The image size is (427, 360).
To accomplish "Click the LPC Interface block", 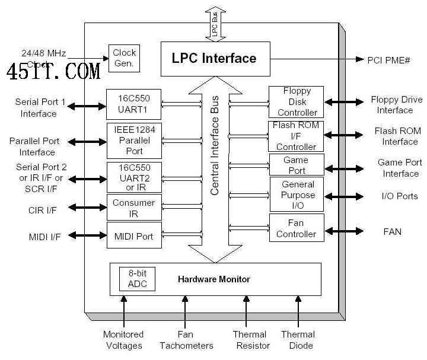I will pyautogui.click(x=214, y=58).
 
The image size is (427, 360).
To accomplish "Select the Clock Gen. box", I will pyautogui.click(x=124, y=58).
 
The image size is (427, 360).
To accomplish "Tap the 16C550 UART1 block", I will pyautogui.click(x=133, y=104).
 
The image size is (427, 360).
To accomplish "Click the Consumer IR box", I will pyautogui.click(x=133, y=208).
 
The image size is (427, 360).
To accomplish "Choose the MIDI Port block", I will pyautogui.click(x=133, y=237).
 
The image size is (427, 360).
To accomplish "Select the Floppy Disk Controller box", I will pyautogui.click(x=296, y=102).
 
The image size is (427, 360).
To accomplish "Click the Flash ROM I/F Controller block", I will pyautogui.click(x=296, y=136).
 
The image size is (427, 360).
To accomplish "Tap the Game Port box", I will pyautogui.click(x=296, y=165).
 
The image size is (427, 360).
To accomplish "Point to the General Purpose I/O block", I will pyautogui.click(x=297, y=194).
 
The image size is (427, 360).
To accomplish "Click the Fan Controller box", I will pyautogui.click(x=297, y=228).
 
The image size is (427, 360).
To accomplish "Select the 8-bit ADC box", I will pyautogui.click(x=138, y=279).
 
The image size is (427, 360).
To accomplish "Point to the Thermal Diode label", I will pyautogui.click(x=298, y=340).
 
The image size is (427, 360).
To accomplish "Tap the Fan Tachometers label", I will pyautogui.click(x=186, y=340).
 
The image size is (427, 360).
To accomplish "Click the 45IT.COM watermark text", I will pyautogui.click(x=53, y=72).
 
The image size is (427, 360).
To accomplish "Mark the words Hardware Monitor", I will pyautogui.click(x=214, y=279).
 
